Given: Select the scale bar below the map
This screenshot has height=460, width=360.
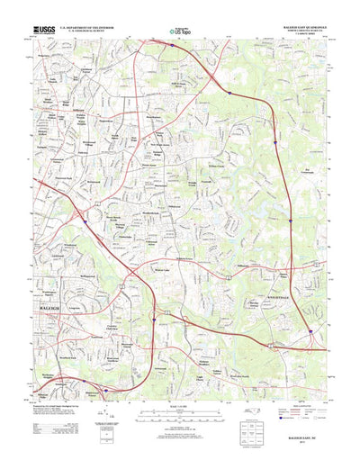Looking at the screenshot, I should coord(180,403).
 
